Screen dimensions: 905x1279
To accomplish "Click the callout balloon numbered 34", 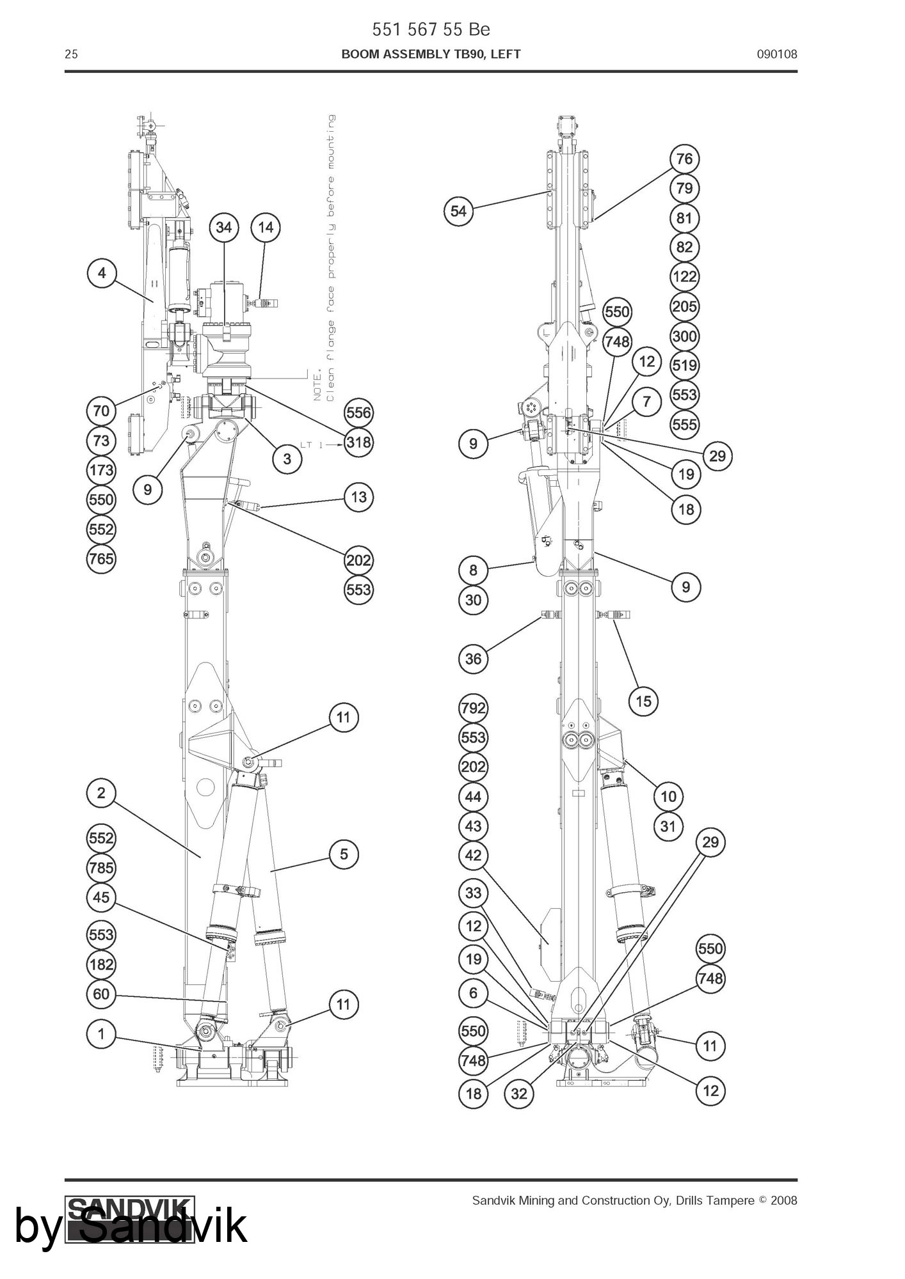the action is [x=223, y=228].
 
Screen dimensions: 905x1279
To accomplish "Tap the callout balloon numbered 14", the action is [x=266, y=228].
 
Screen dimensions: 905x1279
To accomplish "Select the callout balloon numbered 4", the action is [x=102, y=274].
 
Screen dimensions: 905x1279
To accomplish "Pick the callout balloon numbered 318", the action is [x=358, y=442].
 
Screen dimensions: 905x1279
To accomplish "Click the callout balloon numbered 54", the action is [x=459, y=211].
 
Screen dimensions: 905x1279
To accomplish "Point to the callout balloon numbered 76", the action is [x=684, y=159].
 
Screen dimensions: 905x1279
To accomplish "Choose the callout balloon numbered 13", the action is [x=358, y=497].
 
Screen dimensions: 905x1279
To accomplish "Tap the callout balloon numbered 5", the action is [x=344, y=854].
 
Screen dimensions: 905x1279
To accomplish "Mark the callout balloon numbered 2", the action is [x=101, y=794].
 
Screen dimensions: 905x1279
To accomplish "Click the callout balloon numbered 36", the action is [x=473, y=659].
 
